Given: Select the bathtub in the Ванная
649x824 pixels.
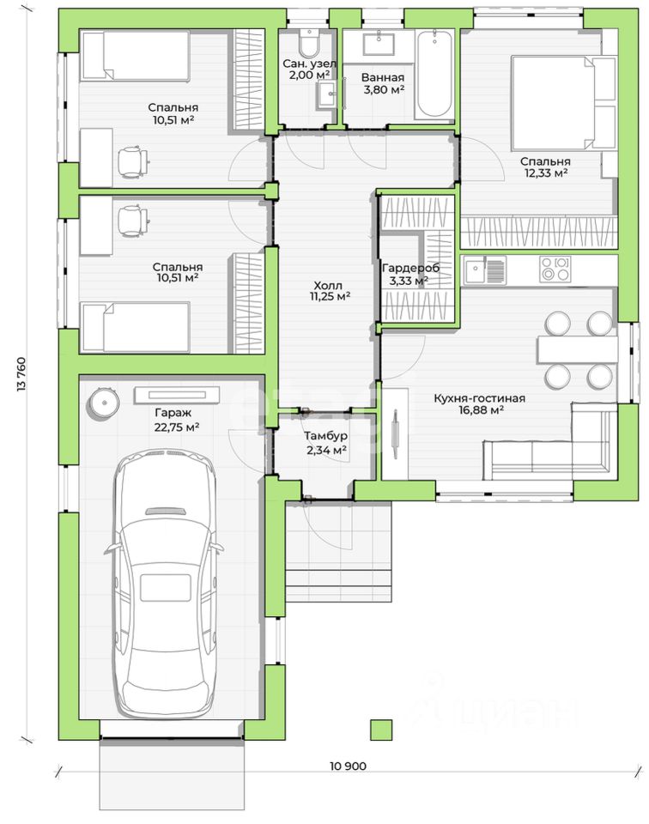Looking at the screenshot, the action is pos(434,74).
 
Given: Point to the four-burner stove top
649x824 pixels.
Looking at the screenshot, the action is pos(555,269).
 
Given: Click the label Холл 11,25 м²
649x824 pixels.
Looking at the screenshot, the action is pos(330,291).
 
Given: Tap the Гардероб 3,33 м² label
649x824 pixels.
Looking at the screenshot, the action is pos(410,275).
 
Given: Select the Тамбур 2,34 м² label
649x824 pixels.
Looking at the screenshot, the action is pos(326,443).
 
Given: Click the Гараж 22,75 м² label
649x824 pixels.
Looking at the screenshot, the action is pos(177,420).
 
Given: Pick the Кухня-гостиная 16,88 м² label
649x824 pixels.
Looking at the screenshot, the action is pos(480,404).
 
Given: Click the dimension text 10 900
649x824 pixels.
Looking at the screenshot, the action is pos(348,766).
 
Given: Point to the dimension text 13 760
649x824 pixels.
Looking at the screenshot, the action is pos(21,375).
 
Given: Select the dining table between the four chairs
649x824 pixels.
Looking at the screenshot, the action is pos(577,349).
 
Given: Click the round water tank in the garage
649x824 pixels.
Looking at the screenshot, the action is pos(103,403).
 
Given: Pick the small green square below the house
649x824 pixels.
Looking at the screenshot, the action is pos(381,730).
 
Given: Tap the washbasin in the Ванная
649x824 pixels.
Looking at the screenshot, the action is pos(379,42).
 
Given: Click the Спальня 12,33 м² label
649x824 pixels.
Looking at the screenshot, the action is pos(545,167).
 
